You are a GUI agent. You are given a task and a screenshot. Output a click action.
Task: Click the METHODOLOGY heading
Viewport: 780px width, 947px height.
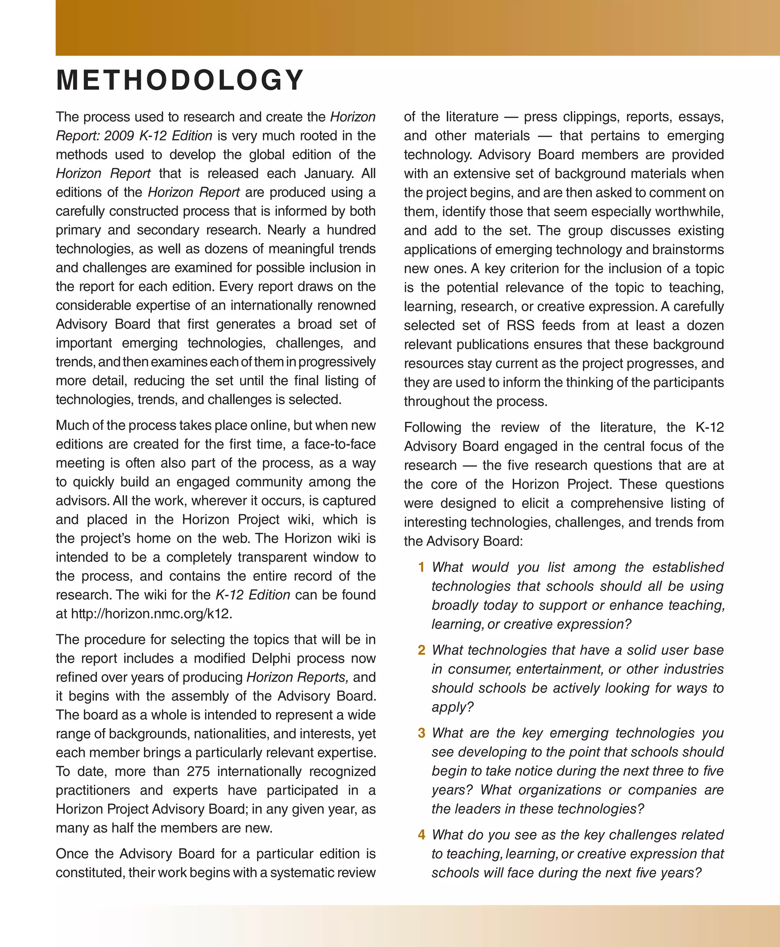point(180,80)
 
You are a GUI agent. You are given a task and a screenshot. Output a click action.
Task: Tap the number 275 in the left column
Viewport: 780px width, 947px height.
point(198,771)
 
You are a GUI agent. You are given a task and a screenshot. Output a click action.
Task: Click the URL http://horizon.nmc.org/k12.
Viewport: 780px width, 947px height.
point(152,614)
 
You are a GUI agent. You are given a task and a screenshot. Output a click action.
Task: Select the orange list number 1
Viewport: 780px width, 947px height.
point(421,567)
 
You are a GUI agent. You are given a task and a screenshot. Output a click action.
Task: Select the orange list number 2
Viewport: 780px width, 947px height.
point(421,650)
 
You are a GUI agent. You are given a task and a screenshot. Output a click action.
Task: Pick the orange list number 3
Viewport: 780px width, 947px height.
point(421,733)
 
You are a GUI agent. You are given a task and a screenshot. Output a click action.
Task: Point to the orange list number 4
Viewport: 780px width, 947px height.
point(421,835)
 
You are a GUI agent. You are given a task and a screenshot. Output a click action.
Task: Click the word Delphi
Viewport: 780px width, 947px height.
point(270,659)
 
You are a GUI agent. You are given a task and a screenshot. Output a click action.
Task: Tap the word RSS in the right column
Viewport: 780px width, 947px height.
point(520,325)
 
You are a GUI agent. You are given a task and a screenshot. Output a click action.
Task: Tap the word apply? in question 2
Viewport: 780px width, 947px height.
point(452,707)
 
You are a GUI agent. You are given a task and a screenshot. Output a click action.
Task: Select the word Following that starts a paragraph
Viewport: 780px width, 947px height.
point(432,427)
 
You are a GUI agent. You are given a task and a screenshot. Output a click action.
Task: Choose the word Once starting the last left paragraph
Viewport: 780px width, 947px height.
point(72,854)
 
